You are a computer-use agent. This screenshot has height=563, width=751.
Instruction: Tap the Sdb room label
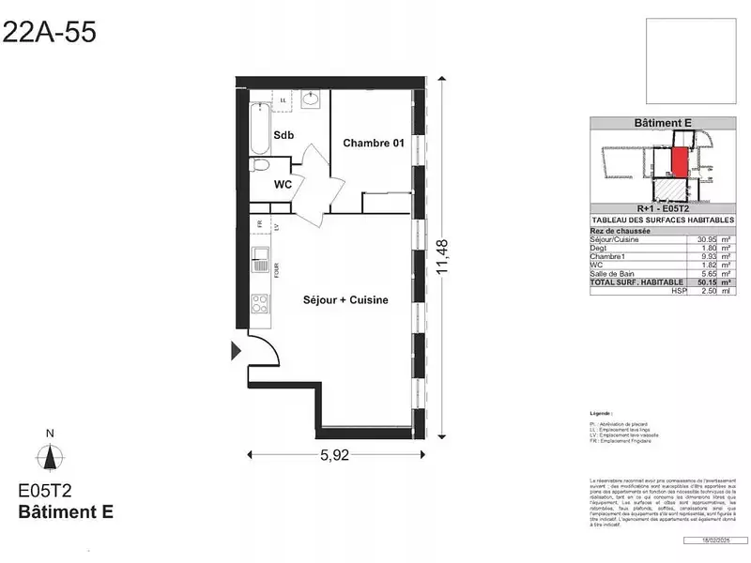pos(284,136)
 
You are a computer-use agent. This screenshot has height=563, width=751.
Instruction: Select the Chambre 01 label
pos(373,143)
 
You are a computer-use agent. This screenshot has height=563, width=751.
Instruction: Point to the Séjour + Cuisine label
pos(345,300)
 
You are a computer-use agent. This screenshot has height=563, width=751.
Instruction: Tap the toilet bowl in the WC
pos(259,167)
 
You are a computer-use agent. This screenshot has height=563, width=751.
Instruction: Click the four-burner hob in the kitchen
pos(260,302)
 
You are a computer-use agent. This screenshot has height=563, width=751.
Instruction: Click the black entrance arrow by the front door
pos(236,351)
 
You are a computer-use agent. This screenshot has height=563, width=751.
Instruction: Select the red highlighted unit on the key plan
pos(679,161)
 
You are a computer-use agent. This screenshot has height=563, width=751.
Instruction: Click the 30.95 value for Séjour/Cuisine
pos(707,239)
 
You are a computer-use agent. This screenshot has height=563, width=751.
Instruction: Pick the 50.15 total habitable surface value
pos(707,281)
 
